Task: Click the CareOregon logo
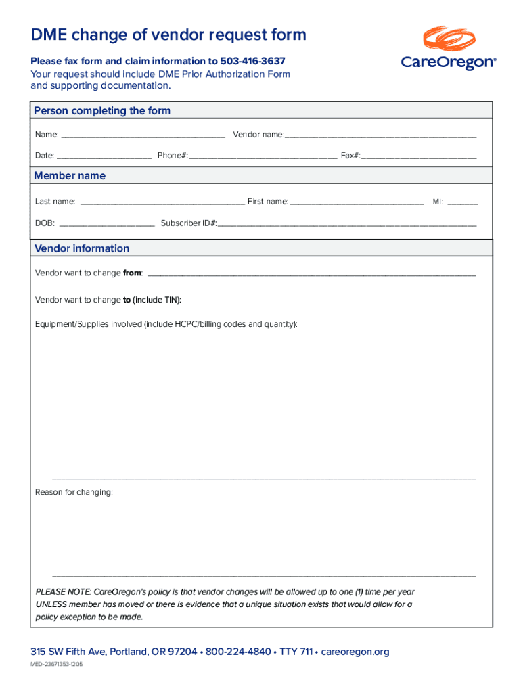click(449, 49)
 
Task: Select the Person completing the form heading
click(102, 110)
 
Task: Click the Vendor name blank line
click(380, 136)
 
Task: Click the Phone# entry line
click(263, 157)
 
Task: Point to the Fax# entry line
click(419, 157)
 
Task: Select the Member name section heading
click(70, 175)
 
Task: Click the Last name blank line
click(162, 202)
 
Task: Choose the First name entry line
click(357, 202)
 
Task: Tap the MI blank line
click(463, 202)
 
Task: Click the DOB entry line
click(107, 224)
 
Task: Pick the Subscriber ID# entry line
click(346, 224)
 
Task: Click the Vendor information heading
click(82, 248)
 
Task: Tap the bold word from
click(132, 273)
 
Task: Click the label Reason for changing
click(74, 492)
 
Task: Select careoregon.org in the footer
click(355, 652)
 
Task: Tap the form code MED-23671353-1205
click(56, 665)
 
